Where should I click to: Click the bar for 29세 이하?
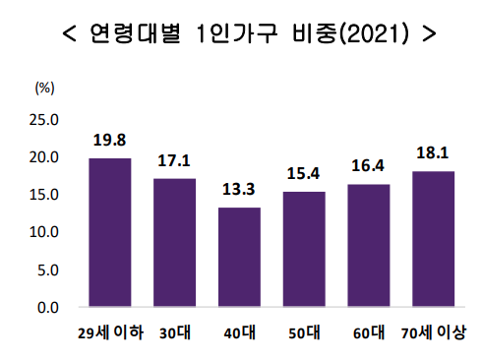pos(110,232)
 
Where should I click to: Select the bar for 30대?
pos(174,242)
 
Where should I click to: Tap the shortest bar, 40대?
pos(239,257)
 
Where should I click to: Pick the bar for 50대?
pos(304,249)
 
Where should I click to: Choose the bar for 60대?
pos(368,245)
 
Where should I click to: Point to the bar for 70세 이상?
pos(433,239)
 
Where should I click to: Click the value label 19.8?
pos(110,140)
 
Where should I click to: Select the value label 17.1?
pos(174,160)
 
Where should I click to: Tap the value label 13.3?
pos(239,189)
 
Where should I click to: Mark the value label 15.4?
pos(304,173)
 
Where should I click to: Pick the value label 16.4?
pos(368,165)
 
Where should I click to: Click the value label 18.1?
pos(433,152)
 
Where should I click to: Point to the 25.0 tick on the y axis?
pos(46,120)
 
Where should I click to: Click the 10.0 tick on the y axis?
pos(46,232)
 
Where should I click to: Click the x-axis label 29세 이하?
pos(111,331)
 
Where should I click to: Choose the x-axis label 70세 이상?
pos(434,331)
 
